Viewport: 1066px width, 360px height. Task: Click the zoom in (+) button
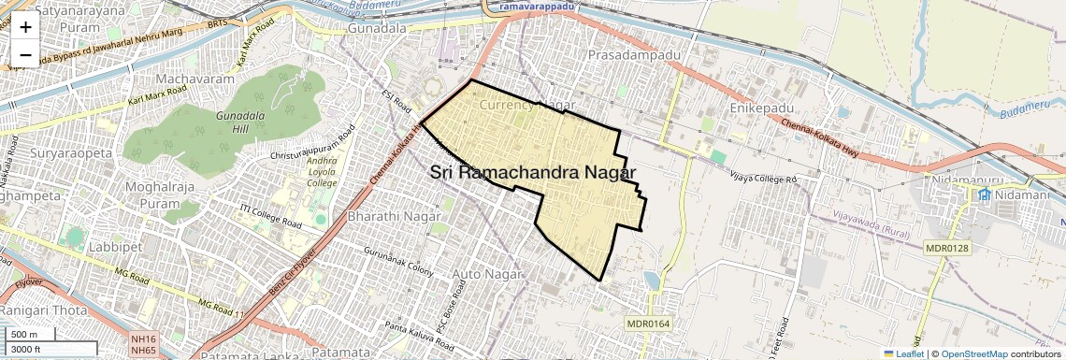tap(25, 26)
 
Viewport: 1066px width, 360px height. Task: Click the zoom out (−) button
tap(25, 54)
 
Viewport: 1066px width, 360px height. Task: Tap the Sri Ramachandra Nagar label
tap(533, 173)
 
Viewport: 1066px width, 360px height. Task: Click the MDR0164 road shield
tap(649, 324)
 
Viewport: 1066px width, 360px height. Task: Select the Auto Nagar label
tap(484, 273)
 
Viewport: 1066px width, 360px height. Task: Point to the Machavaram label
tap(195, 79)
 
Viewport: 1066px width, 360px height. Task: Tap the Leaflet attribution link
tap(904, 353)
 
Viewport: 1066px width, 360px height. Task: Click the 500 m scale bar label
tap(24, 334)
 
